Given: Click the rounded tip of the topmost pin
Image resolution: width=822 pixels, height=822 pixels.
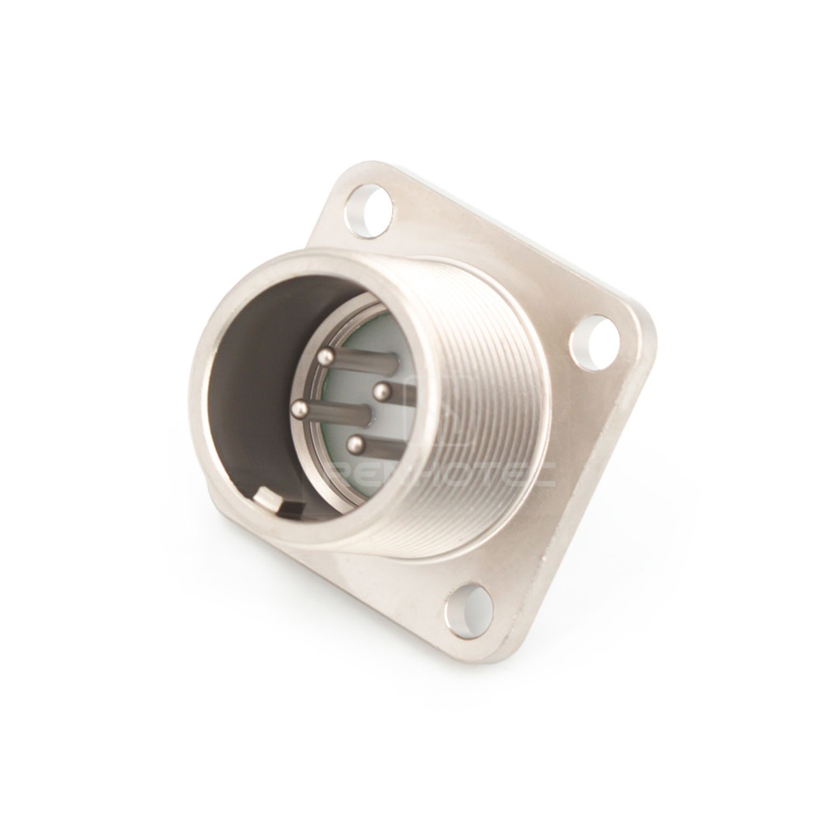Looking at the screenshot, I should pos(326,356).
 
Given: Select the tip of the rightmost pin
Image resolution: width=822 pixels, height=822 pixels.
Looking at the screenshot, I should pos(381,392).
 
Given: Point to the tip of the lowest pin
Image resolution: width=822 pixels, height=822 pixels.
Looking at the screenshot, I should pos(355,445).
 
